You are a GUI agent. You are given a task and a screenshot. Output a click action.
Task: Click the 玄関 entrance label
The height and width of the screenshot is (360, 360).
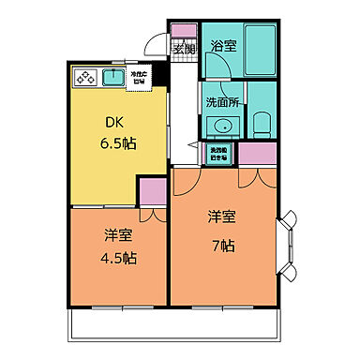tap(184, 50)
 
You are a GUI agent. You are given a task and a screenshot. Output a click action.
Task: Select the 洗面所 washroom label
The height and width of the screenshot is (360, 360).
tap(222, 103)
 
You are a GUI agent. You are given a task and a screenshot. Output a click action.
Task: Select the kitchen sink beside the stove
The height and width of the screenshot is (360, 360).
tap(113, 78)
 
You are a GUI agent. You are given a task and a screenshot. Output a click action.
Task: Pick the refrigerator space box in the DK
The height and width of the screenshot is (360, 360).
tap(141, 78)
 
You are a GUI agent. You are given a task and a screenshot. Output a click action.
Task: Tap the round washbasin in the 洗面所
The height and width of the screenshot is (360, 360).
tap(222, 127)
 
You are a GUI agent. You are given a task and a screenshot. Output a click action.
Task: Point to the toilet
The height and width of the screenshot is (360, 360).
tap(262, 123)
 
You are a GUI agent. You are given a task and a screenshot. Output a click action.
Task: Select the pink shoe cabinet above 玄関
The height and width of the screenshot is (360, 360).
tap(184, 29)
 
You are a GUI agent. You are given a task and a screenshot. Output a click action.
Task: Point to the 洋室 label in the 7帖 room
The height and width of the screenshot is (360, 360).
tap(222, 217)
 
